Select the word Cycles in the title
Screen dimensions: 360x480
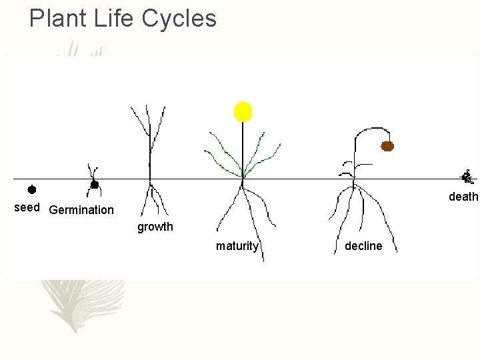coord(179,19)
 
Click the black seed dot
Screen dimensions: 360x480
coord(31,189)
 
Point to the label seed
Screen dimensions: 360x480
coord(27,207)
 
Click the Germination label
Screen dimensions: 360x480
coord(81,210)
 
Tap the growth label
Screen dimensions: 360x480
coord(155,227)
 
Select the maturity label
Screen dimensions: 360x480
coord(237,246)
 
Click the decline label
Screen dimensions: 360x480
coord(363,246)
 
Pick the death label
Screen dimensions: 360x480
coord(463,197)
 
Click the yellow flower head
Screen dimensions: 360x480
coord(243,111)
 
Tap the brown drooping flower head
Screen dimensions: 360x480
coord(387,146)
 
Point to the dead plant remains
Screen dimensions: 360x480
coord(467,177)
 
